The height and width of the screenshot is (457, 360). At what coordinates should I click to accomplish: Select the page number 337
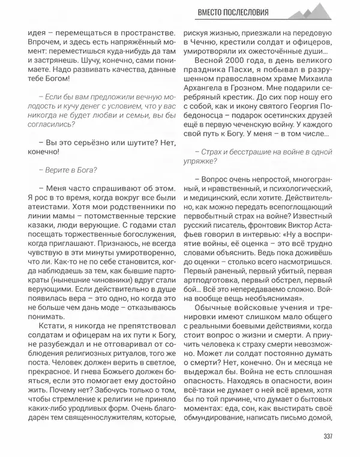click(x=327, y=436)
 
